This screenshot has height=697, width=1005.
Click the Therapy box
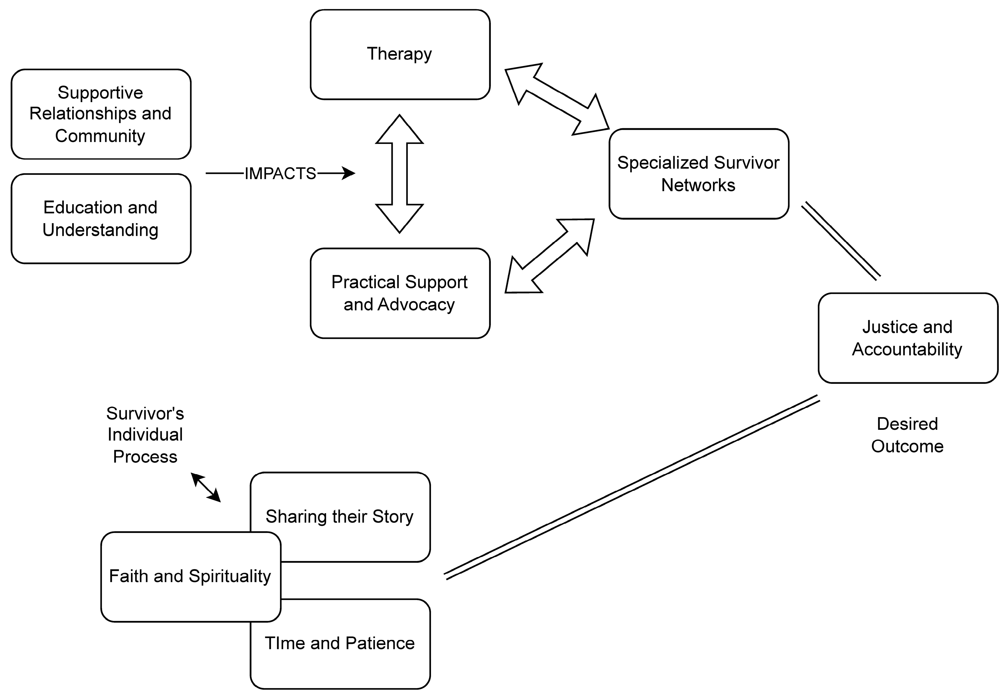coord(400,55)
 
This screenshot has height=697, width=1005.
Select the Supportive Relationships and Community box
coord(101,114)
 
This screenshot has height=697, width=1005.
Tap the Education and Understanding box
coord(101,218)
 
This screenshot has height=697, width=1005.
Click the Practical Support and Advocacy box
coord(400,293)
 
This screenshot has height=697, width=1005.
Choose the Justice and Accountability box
coord(908,338)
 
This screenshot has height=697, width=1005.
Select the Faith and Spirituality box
coord(191,576)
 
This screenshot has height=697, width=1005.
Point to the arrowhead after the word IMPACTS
coord(349,173)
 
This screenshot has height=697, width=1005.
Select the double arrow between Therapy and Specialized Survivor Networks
coord(557,99)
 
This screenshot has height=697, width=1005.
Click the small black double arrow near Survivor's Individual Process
coord(206,487)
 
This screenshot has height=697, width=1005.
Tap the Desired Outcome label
coord(907,435)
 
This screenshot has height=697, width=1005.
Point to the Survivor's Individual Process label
coord(145,435)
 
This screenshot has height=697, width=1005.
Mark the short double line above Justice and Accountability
coord(841,241)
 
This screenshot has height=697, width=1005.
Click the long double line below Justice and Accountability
coord(632,488)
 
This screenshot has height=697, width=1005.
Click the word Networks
coord(698,185)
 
